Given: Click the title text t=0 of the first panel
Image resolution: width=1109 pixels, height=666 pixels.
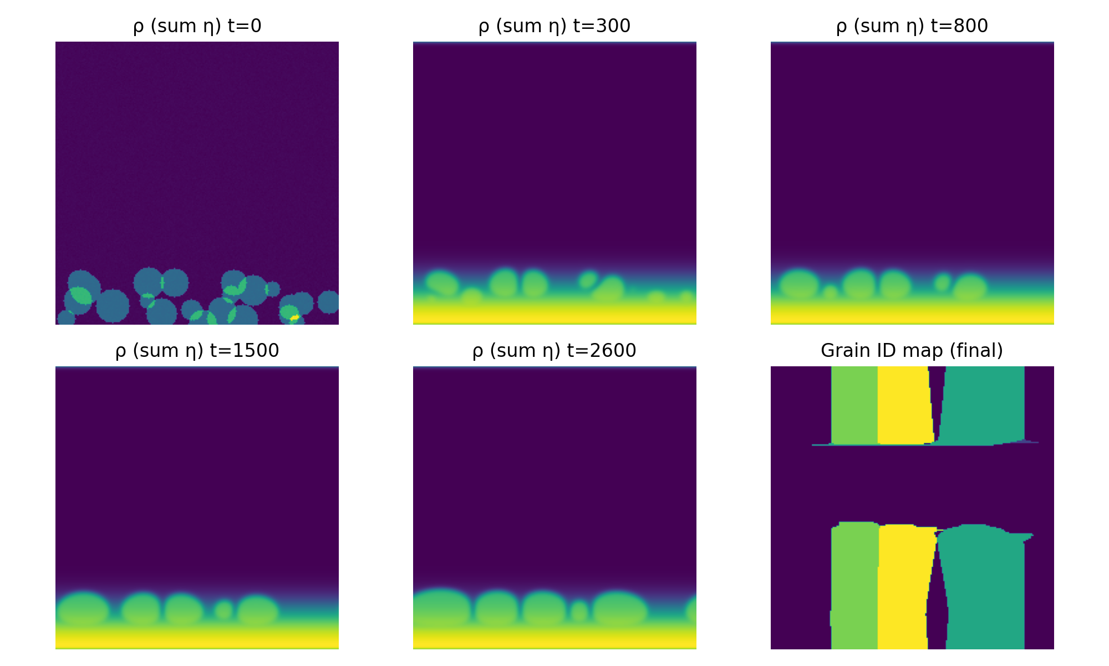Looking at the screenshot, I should (x=244, y=26).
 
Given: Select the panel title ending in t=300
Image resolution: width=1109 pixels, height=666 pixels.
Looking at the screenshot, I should (x=554, y=26).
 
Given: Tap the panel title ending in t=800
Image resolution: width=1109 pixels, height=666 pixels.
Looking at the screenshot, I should (x=912, y=26).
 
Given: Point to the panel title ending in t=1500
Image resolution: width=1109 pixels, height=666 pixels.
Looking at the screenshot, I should (x=197, y=351).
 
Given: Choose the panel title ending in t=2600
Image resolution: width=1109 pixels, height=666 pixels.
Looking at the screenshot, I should (x=554, y=351).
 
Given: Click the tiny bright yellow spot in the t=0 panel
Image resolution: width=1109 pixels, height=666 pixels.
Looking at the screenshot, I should (x=294, y=317).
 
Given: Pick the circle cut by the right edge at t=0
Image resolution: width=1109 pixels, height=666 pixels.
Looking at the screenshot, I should (x=329, y=302).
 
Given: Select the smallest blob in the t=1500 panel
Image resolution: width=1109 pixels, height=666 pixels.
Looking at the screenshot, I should (x=224, y=610).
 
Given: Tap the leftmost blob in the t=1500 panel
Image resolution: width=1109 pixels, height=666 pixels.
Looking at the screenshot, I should (x=83, y=609).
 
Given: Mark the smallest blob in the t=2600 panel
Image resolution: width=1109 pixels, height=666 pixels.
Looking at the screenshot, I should (x=579, y=611).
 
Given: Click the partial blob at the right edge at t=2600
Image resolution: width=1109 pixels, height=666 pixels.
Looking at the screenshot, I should (x=691, y=610).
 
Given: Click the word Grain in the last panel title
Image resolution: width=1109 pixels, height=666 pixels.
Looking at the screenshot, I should (x=838, y=351).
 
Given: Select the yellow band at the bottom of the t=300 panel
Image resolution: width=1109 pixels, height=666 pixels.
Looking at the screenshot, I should (x=554, y=313).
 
